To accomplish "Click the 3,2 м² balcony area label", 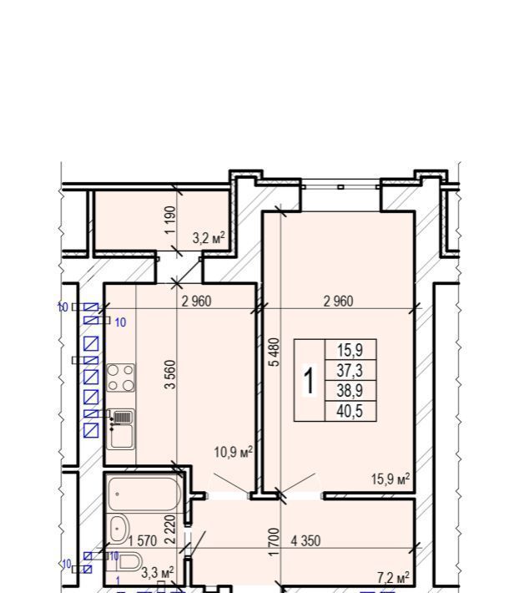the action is pos(209,238).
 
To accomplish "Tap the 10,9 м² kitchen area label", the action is pos(233,452).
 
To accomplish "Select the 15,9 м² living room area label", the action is pos(391,479).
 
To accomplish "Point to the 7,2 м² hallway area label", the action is pos(393,578).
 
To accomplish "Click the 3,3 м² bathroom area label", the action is pos(158,572).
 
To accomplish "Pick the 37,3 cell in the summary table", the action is pos(350,370).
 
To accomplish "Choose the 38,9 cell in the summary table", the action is pos(350,390).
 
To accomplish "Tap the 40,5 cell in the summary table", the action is pos(350,411).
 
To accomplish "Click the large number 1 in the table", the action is pos(310,382).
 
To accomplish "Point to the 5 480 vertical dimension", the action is pos(275,352).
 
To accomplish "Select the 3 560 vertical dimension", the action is pos(170,374).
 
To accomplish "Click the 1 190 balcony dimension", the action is pos(170,220).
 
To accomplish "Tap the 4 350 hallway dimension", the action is pos(305,541).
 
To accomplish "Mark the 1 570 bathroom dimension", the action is pos(143,541).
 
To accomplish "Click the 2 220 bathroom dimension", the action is pos(171,529).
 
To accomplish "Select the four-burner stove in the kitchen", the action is pos(120,378).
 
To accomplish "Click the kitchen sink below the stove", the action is pos(120,428).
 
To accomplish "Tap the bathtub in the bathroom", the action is pos(144,494).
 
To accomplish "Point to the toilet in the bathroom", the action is pos(128,562).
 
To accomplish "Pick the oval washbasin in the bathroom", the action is pos(119,529).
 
